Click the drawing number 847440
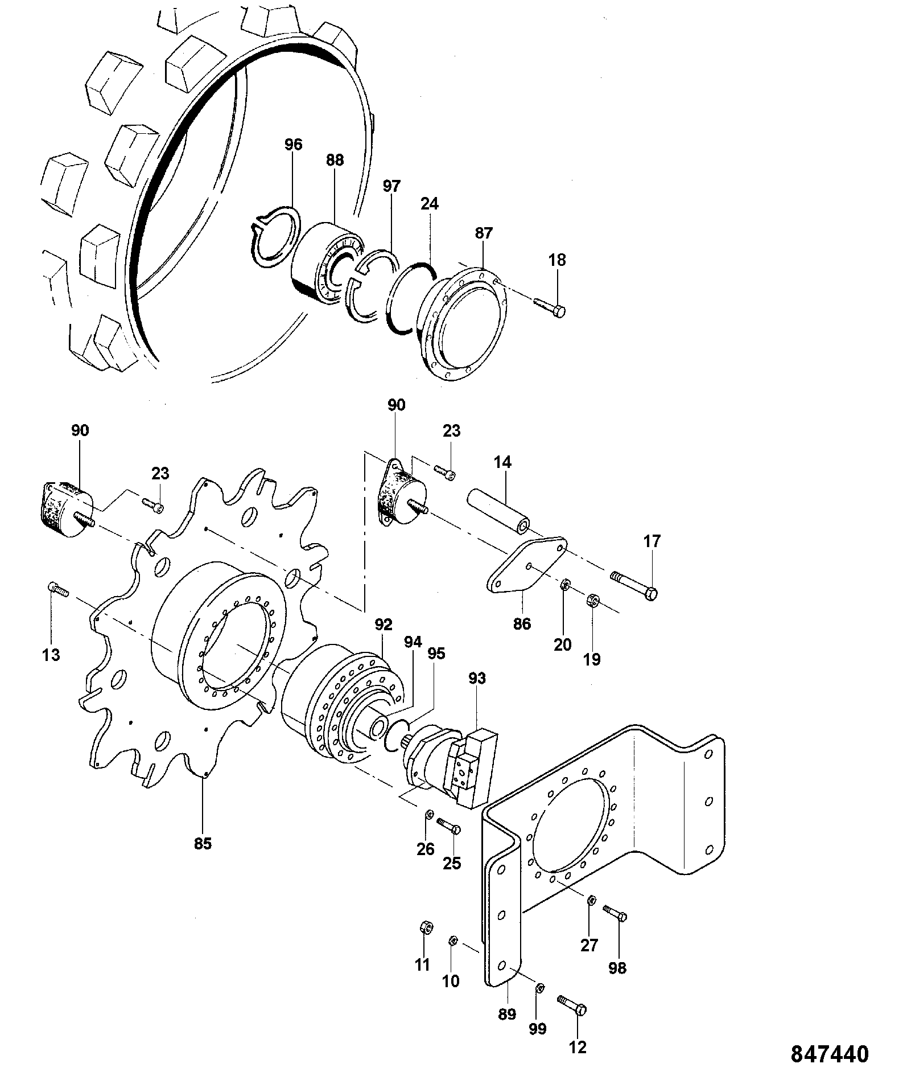pyautogui.click(x=830, y=1054)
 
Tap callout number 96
pyautogui.click(x=294, y=145)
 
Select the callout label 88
pyautogui.click(x=335, y=161)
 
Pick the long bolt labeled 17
pyautogui.click(x=634, y=585)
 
